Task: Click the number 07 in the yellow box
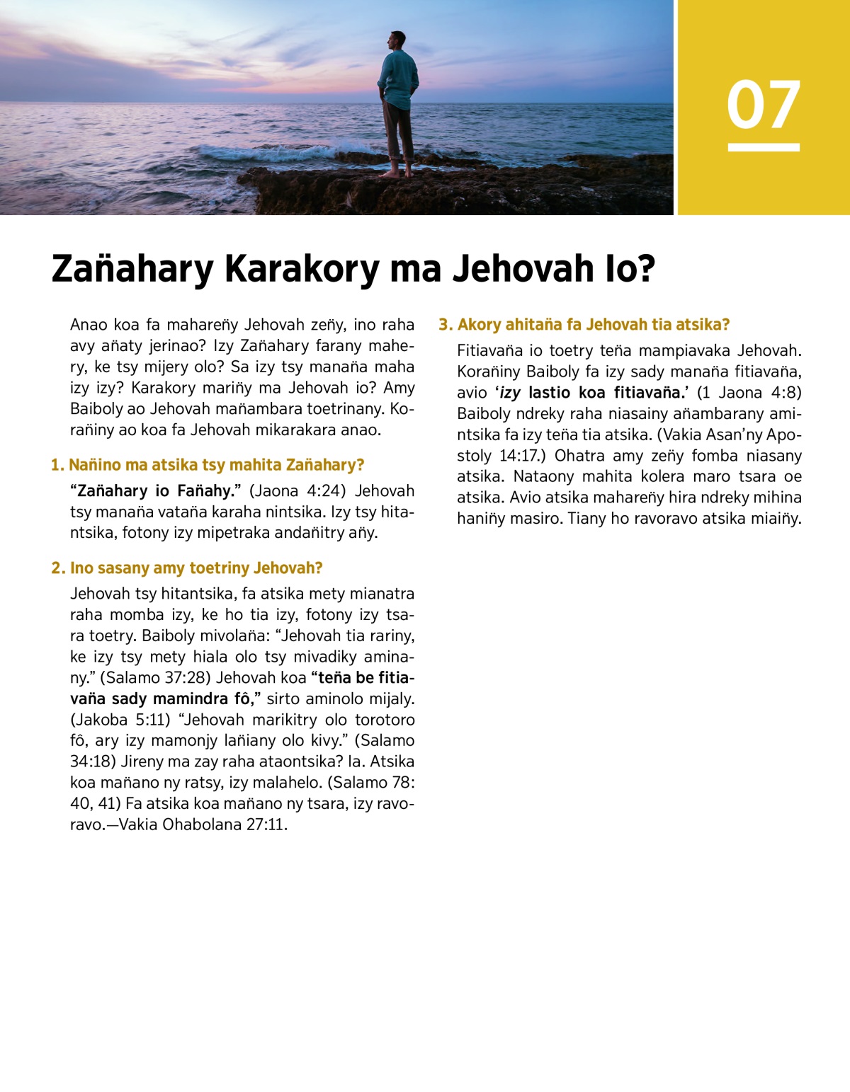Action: (x=763, y=105)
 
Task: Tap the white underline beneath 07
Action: (x=764, y=147)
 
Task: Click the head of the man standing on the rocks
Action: (x=398, y=39)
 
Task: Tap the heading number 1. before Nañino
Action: (x=57, y=465)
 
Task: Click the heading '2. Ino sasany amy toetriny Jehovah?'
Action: (x=187, y=568)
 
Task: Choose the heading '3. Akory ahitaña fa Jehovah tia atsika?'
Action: (x=584, y=325)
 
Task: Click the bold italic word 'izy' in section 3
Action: (x=510, y=393)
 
